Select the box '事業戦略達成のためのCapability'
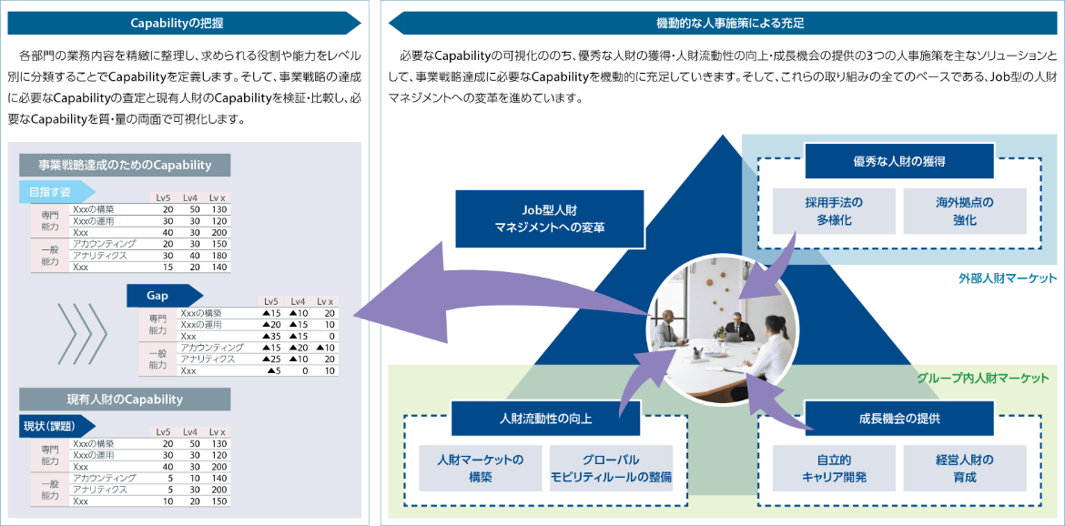(125, 165)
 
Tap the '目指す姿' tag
(53, 192)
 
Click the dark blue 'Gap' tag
(159, 296)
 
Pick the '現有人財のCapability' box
(125, 399)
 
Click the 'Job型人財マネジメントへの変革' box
(550, 218)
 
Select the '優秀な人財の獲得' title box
(898, 161)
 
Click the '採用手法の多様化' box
(834, 211)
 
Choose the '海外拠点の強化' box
(965, 211)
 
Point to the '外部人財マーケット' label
(1008, 278)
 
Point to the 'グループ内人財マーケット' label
(982, 378)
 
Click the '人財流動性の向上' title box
(545, 419)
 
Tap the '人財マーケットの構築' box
(480, 468)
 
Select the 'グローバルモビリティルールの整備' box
(611, 468)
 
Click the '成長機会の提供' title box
(898, 419)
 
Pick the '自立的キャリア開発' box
(834, 468)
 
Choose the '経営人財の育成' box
(964, 468)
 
